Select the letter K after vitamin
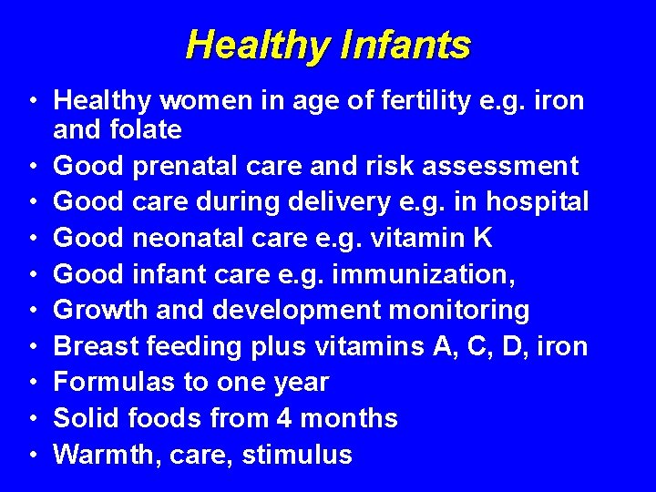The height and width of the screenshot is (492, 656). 482,238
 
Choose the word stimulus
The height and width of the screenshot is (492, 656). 297,454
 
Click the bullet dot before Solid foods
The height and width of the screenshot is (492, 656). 32,419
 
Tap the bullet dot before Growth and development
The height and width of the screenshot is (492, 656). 32,311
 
